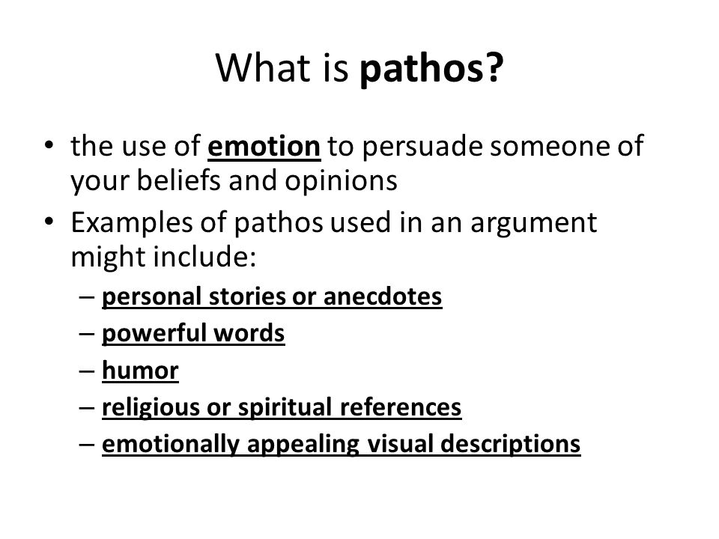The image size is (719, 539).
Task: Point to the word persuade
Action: (x=394, y=148)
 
